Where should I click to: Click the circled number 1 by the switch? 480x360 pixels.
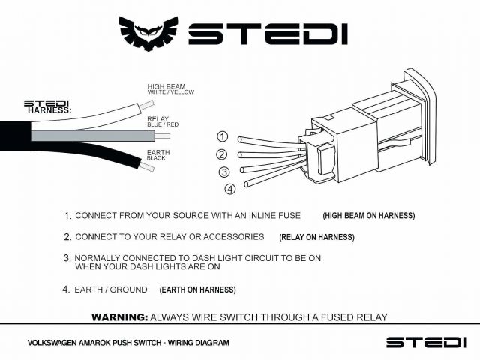pyautogui.click(x=222, y=136)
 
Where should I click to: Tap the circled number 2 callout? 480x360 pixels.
pyautogui.click(x=221, y=154)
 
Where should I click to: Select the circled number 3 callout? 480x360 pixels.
pyautogui.click(x=223, y=172)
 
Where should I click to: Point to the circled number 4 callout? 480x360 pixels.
pyautogui.click(x=230, y=188)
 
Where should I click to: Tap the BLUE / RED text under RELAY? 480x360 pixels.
pyautogui.click(x=164, y=124)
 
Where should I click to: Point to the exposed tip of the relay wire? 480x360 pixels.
pyautogui.click(x=163, y=136)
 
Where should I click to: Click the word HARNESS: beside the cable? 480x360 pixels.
pyautogui.click(x=49, y=110)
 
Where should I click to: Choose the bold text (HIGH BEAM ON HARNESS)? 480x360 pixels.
pyautogui.click(x=368, y=216)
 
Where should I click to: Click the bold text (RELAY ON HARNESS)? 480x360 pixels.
pyautogui.click(x=316, y=238)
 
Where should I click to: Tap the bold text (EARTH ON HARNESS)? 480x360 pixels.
pyautogui.click(x=197, y=289)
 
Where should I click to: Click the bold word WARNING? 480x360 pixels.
pyautogui.click(x=118, y=316)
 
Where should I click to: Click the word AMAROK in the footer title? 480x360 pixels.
pyautogui.click(x=98, y=343)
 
